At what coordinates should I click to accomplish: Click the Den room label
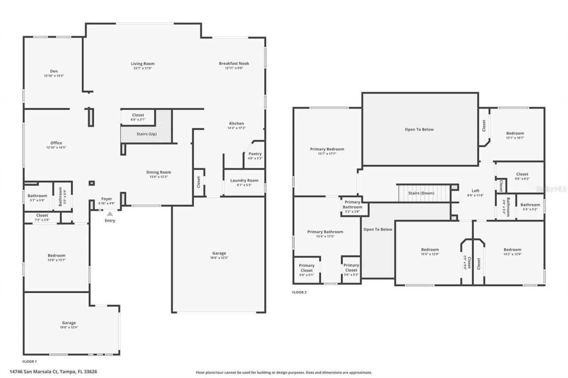54,71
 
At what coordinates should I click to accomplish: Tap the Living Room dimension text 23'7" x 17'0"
142,69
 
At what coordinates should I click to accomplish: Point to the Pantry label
255,154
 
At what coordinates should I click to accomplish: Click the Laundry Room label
244,180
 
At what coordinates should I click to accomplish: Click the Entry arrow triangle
110,214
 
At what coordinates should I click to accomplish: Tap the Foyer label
106,199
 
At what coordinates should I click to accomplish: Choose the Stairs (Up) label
146,134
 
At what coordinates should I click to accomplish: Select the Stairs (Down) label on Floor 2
422,193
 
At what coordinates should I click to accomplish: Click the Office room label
56,143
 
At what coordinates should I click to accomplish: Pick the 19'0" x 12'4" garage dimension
69,327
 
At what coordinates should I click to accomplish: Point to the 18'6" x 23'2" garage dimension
219,258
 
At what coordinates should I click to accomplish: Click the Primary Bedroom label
327,149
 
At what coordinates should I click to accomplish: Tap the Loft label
475,191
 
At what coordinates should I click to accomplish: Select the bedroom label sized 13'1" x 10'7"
515,133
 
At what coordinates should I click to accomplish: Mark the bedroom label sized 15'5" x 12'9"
430,249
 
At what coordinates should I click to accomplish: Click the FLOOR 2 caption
299,292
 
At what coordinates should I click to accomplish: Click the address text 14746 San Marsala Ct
40,371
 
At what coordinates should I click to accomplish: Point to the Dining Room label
158,172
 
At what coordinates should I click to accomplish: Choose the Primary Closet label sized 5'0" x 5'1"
307,265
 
